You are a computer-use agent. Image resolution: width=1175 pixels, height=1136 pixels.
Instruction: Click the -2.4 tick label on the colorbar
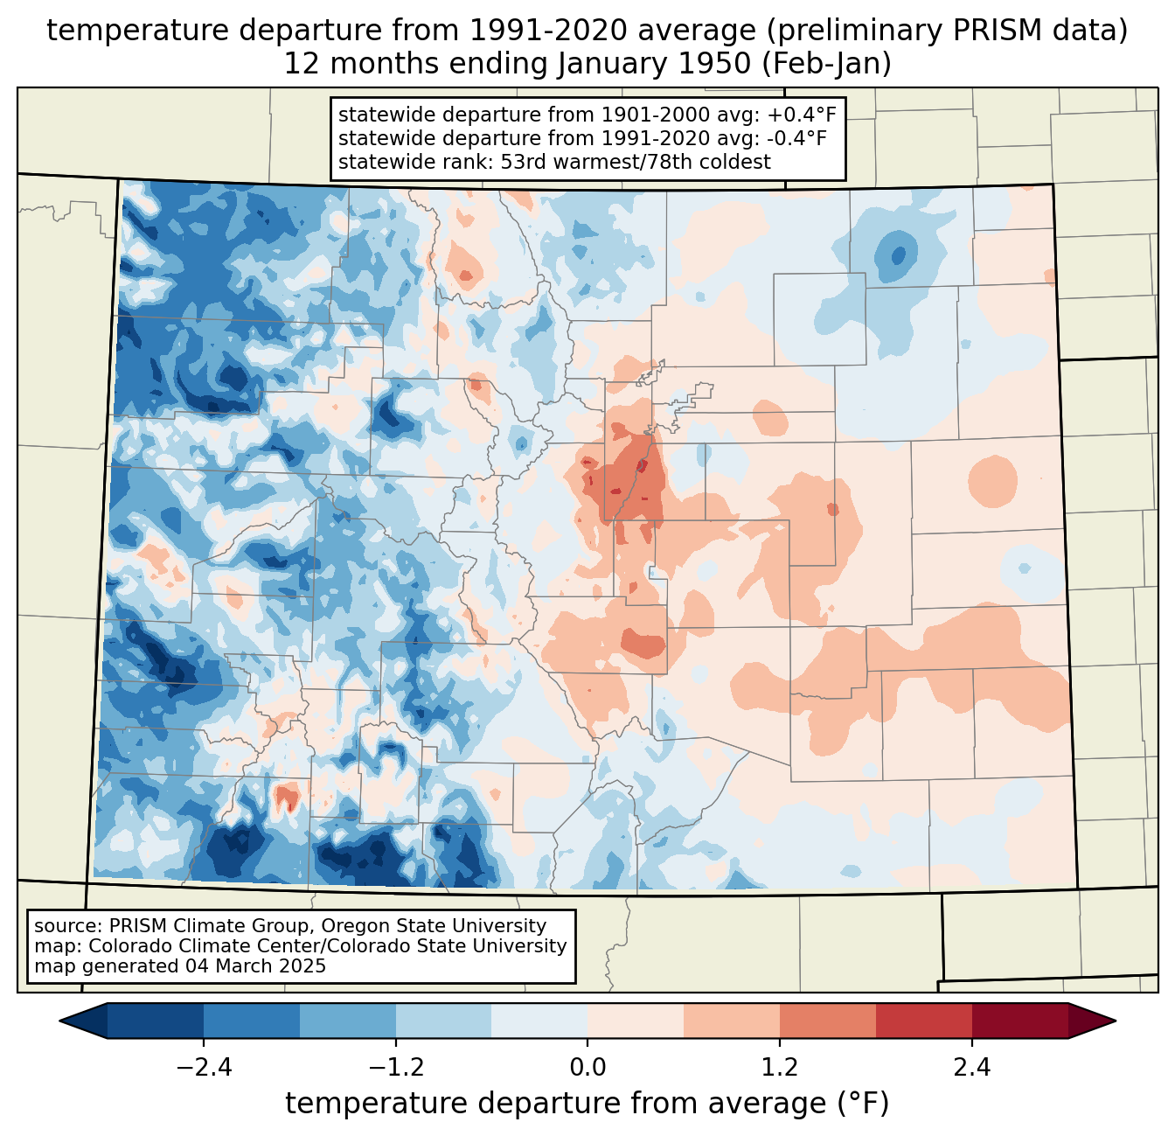tap(204, 1067)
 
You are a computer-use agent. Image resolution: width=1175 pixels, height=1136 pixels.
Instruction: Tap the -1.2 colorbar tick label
tap(396, 1067)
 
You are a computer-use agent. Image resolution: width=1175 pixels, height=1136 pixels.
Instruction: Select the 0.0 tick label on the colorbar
tap(587, 1067)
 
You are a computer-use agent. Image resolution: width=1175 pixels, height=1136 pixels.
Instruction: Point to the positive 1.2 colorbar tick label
tap(780, 1067)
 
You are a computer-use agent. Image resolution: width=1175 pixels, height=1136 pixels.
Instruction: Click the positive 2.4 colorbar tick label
tap(972, 1067)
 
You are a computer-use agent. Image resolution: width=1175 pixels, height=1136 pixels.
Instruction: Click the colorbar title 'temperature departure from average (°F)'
tap(587, 1104)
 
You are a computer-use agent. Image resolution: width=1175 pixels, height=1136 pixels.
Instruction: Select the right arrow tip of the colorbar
tap(1115, 1021)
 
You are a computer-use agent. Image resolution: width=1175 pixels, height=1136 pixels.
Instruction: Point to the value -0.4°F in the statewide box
tap(797, 138)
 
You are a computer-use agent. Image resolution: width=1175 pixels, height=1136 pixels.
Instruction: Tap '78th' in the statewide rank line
tap(666, 162)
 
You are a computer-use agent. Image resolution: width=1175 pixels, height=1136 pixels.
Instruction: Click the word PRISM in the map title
tap(985, 31)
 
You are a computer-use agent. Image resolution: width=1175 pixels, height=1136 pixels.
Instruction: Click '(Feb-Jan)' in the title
tap(826, 64)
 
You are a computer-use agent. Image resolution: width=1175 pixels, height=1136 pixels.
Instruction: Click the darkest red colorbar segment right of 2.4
tap(1020, 1021)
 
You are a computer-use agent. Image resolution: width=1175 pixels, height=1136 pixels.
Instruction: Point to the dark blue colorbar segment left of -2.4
tap(156, 1021)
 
